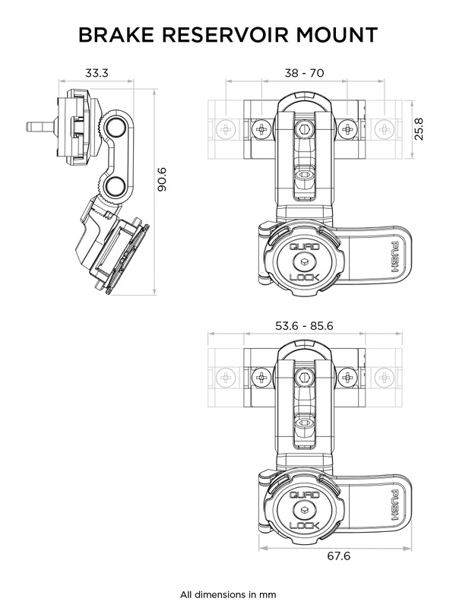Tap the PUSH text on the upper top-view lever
(394, 259)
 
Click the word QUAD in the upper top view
(302, 248)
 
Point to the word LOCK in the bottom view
(302, 526)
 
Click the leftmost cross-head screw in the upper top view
(226, 130)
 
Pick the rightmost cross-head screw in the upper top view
(385, 130)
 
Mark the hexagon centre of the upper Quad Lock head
(302, 263)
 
